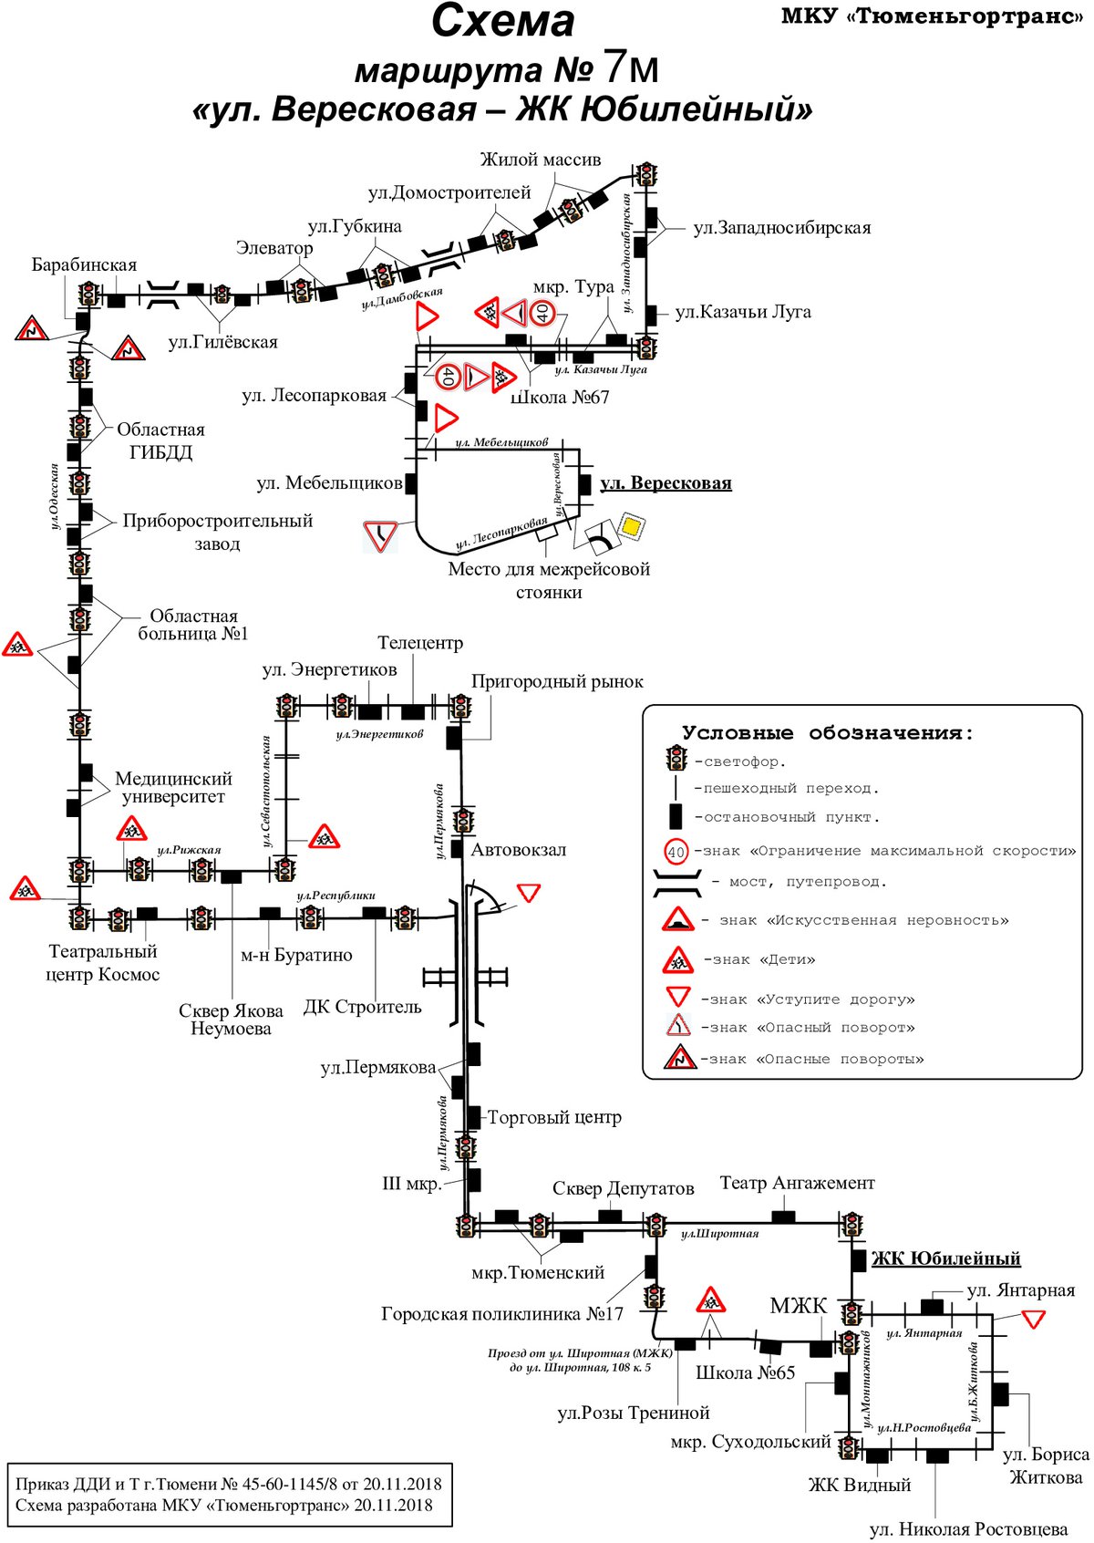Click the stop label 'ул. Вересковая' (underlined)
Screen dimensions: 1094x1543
666,483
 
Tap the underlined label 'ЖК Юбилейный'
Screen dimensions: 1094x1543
945,1258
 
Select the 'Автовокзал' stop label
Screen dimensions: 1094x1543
519,849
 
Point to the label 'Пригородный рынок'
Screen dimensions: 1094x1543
557,682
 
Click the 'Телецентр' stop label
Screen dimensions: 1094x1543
420,643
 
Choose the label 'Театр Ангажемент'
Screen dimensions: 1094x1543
798,1183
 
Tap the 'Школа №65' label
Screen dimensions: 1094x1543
745,1372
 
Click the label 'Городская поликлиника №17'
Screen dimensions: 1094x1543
502,1313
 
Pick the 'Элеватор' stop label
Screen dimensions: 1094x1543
274,248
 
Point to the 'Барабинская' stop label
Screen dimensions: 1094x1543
84,264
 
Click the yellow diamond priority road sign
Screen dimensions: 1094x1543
632,526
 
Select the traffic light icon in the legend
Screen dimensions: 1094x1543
676,759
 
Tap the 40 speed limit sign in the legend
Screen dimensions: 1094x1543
676,852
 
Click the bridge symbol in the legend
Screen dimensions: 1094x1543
677,884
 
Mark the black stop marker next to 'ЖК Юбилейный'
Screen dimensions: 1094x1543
859,1260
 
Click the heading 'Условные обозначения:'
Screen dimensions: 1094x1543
828,732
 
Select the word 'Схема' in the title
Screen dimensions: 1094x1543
502,21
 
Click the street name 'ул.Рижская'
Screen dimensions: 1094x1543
190,850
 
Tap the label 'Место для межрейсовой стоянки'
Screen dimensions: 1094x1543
549,580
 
